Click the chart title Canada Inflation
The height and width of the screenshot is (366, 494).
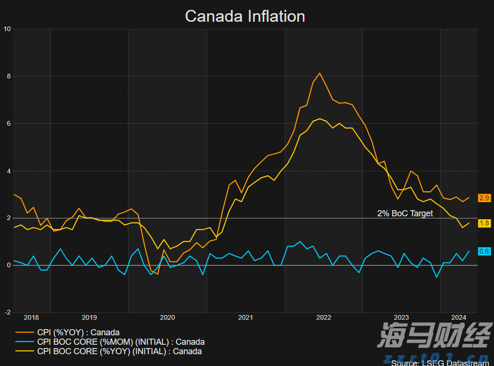pos(245,16)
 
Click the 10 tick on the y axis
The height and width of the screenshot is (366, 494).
pos(7,29)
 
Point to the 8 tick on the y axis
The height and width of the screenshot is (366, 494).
pos(9,76)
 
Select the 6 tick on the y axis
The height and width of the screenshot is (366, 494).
pos(9,123)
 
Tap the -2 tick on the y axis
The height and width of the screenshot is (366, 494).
pos(8,312)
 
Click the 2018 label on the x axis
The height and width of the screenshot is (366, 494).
pos(31,317)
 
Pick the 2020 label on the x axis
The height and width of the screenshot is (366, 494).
pos(167,317)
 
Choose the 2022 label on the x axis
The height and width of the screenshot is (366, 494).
pos(324,317)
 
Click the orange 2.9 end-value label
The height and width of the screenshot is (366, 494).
pos(484,198)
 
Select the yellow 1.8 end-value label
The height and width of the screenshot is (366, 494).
pos(484,223)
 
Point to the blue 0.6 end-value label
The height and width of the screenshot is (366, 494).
pos(484,251)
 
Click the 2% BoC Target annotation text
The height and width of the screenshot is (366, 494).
pos(405,213)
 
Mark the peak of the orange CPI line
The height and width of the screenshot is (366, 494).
pos(320,73)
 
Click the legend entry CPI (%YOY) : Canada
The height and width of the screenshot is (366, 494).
pos(78,332)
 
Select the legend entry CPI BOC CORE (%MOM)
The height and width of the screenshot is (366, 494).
pos(120,342)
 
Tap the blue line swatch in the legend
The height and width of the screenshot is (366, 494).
pos(24,342)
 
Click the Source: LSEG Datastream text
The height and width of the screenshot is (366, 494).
pos(440,363)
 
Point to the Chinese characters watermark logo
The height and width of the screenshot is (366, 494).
pos(434,336)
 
